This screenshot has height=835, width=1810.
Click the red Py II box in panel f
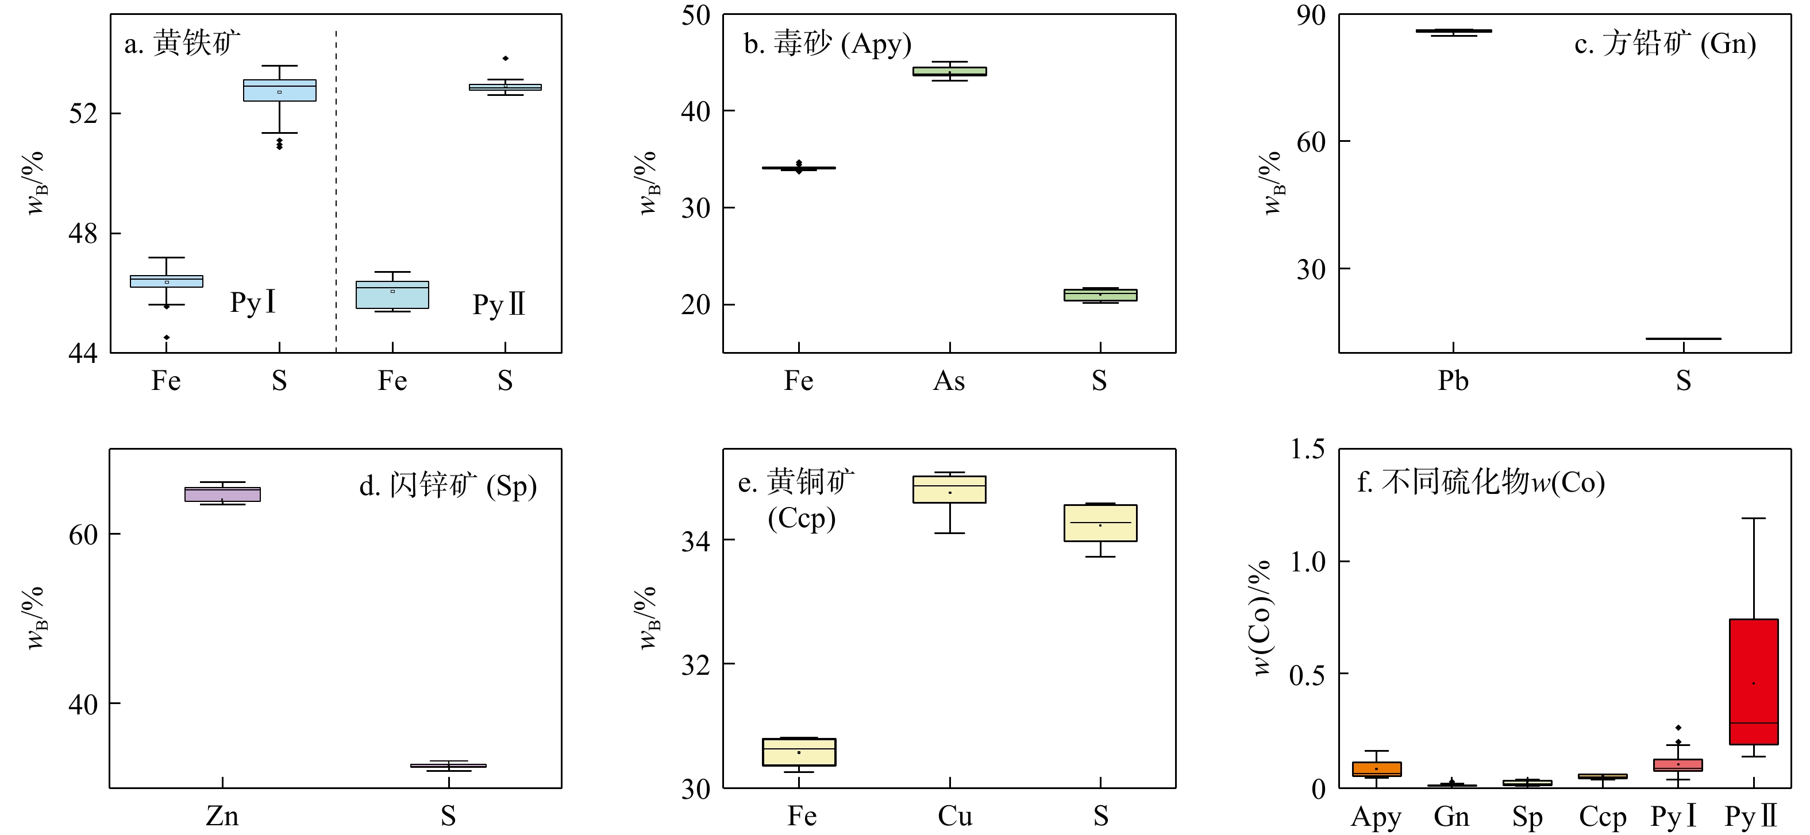pyautogui.click(x=1753, y=681)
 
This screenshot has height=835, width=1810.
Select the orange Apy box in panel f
pyautogui.click(x=1377, y=769)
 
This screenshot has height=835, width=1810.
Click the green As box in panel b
pyautogui.click(x=949, y=71)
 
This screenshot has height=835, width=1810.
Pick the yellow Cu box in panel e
pyautogui.click(x=949, y=489)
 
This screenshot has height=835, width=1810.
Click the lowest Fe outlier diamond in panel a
pyautogui.click(x=167, y=338)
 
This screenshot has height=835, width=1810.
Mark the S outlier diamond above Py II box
pyautogui.click(x=505, y=58)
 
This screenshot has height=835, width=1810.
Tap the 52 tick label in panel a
pyautogui.click(x=83, y=114)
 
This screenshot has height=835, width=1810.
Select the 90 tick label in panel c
pyautogui.click(x=1311, y=16)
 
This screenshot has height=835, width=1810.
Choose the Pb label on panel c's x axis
pyautogui.click(x=1453, y=381)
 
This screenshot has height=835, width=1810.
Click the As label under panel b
pyautogui.click(x=949, y=381)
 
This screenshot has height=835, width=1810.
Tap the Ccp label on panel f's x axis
pyautogui.click(x=1603, y=817)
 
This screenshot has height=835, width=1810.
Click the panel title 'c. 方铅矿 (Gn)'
pyautogui.click(x=1665, y=44)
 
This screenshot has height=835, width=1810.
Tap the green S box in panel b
pyautogui.click(x=1100, y=295)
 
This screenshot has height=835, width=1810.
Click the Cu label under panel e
pyautogui.click(x=955, y=817)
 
